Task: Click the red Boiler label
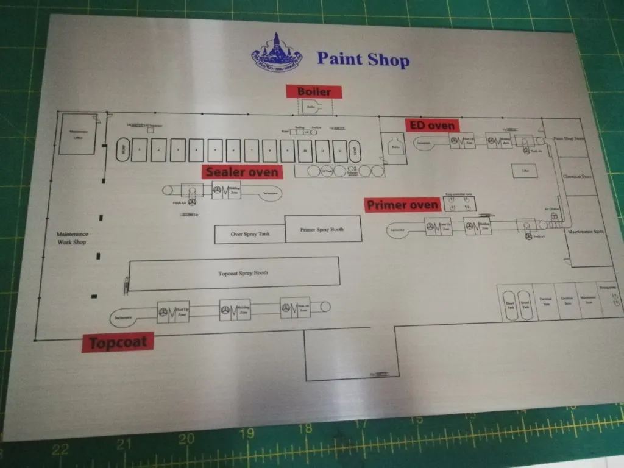click(314, 92)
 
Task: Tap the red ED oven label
click(431, 126)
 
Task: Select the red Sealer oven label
click(242, 172)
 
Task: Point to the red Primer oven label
click(402, 205)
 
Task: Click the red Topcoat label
click(118, 342)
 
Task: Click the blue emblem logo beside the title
click(277, 53)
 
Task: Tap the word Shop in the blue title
click(388, 60)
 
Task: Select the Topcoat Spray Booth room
click(235, 274)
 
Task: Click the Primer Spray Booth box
click(322, 229)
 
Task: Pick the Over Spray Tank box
click(250, 233)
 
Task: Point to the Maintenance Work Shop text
click(73, 238)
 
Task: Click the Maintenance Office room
click(77, 135)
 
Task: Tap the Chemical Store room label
click(576, 177)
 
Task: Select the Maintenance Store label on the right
click(586, 232)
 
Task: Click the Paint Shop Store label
click(569, 139)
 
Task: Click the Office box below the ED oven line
click(525, 171)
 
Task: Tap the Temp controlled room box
click(459, 204)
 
